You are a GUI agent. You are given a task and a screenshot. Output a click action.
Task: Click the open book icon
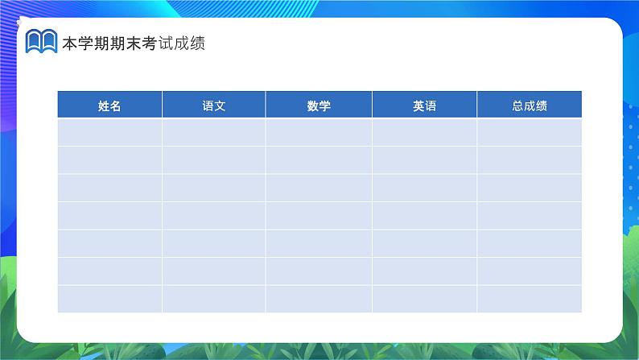pos(41,41)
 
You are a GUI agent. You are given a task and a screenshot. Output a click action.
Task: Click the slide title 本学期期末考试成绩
pos(134,43)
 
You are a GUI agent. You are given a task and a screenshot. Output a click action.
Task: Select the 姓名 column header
pos(109,105)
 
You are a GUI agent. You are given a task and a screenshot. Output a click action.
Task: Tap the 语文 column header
pos(213,105)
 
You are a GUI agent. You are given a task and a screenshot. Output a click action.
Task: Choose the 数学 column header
pos(319,105)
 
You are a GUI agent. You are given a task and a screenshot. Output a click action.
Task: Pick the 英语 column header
pos(424,105)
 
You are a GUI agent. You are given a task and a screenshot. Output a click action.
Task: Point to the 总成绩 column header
pos(530,105)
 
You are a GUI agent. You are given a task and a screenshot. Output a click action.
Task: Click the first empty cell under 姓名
pos(109,132)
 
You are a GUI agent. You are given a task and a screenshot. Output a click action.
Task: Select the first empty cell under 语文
pos(213,132)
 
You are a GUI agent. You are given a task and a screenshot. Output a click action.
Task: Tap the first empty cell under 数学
pos(319,132)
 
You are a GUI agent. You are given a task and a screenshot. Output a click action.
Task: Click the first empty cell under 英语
pos(424,132)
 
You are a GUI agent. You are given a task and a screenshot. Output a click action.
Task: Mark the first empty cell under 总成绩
pos(530,132)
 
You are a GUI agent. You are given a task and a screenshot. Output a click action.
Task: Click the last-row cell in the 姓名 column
pos(109,299)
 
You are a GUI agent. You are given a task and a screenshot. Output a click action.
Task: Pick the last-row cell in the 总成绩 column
pos(530,299)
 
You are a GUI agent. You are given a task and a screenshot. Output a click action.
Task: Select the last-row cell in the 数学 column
pos(319,299)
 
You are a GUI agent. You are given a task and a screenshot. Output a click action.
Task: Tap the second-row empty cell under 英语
pos(424,159)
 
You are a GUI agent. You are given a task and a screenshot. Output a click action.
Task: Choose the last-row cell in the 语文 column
pos(213,299)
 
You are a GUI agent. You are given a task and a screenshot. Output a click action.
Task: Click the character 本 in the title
pos(70,43)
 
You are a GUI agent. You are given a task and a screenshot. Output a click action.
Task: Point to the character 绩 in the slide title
pos(198,43)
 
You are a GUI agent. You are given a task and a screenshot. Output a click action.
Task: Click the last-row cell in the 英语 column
pos(424,299)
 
